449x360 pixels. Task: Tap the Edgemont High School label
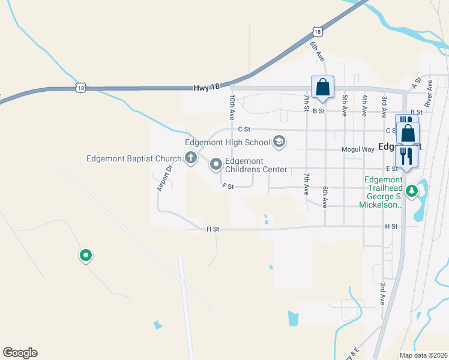(x=228, y=142)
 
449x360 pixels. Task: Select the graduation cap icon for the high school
(x=279, y=142)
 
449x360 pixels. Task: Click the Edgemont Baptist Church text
(x=134, y=159)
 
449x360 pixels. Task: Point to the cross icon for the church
(x=191, y=158)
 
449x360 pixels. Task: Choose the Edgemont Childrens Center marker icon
(x=215, y=164)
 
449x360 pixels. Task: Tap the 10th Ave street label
(x=232, y=106)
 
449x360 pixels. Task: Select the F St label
(x=228, y=187)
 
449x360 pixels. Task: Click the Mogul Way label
(x=358, y=148)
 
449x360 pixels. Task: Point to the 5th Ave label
(x=345, y=105)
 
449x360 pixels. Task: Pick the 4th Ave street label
(x=364, y=105)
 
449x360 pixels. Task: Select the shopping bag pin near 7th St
(x=322, y=87)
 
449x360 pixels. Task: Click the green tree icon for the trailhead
(x=411, y=191)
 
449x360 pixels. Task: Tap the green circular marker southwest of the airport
(x=86, y=256)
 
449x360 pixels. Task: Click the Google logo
(x=20, y=353)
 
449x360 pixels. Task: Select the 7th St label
(x=306, y=103)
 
